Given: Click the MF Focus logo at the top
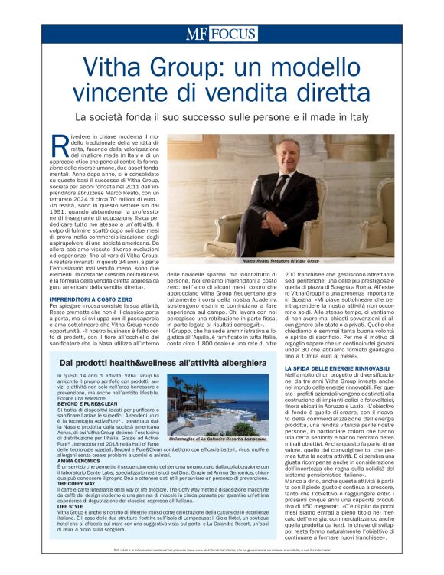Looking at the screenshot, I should (x=221, y=34).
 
